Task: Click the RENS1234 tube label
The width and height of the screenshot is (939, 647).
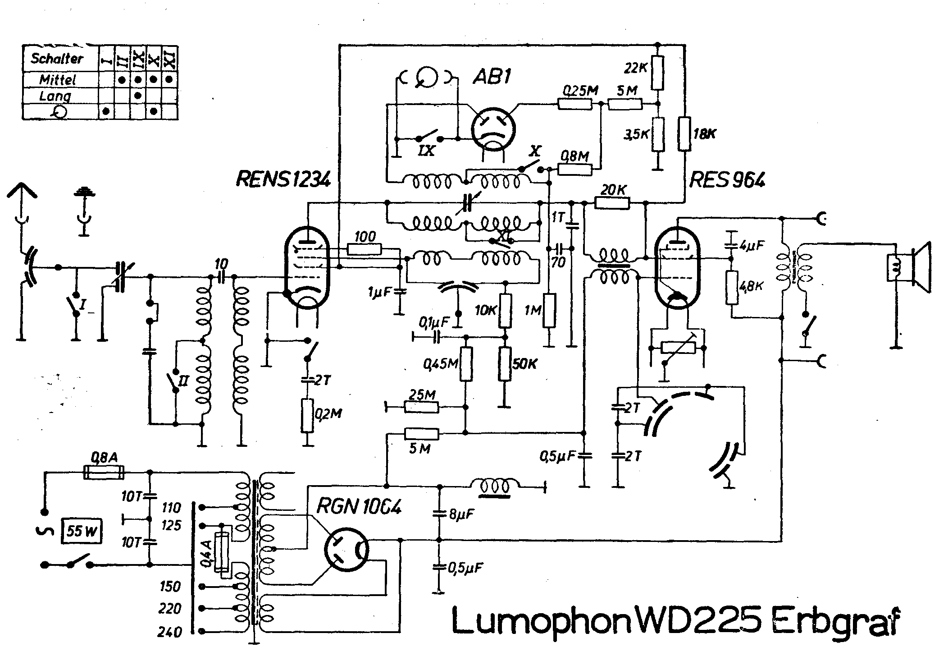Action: (x=283, y=179)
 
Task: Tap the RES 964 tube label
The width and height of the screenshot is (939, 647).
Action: (x=727, y=180)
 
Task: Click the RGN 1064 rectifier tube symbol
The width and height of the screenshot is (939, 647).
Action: (x=346, y=550)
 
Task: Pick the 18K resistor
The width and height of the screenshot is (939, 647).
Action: (x=684, y=133)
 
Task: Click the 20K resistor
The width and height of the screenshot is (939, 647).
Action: (x=612, y=204)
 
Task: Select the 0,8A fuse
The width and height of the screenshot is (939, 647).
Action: (x=104, y=472)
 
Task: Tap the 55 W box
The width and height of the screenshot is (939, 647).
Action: (x=82, y=532)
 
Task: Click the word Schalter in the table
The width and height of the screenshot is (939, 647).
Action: (x=57, y=59)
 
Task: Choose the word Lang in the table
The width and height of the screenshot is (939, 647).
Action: (x=55, y=96)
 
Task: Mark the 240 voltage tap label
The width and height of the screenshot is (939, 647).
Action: (x=169, y=632)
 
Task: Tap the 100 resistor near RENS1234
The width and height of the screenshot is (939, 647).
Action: (x=365, y=249)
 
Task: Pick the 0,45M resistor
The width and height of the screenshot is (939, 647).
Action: (x=466, y=364)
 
